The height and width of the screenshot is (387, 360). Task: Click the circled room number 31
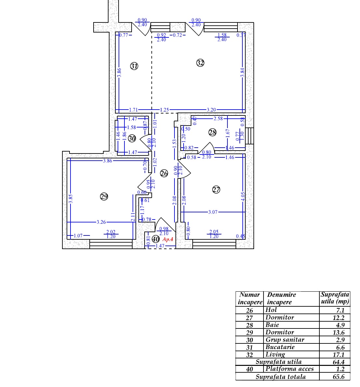tap(134, 66)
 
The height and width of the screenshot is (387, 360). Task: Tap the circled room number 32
tap(200, 63)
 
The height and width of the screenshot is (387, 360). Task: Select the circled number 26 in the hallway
tap(164, 173)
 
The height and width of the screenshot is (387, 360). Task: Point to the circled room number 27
tap(216, 190)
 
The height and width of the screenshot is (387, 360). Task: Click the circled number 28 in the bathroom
tap(212, 133)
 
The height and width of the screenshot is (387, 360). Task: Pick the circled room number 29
tap(104, 196)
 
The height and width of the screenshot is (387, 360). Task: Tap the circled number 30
tap(132, 138)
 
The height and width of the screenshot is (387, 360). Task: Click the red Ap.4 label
tap(168, 239)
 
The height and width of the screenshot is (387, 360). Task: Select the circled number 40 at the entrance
tap(156, 239)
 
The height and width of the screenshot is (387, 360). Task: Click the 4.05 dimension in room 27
tap(243, 197)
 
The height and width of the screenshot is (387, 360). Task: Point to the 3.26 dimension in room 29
tap(101, 222)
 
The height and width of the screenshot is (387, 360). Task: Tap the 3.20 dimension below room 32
tap(211, 110)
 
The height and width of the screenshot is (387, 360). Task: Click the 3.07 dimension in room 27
tap(213, 212)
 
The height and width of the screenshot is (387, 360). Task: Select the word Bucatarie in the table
tap(280, 347)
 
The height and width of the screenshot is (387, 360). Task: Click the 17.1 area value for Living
tap(338, 355)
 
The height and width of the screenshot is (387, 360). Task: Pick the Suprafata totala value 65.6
tap(338, 377)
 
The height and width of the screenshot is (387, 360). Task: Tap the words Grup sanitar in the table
tap(285, 340)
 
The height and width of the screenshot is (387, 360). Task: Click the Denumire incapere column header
tap(281, 299)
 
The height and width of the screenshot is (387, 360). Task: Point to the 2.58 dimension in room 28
tap(218, 118)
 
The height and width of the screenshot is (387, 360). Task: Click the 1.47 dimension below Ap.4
tap(160, 246)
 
